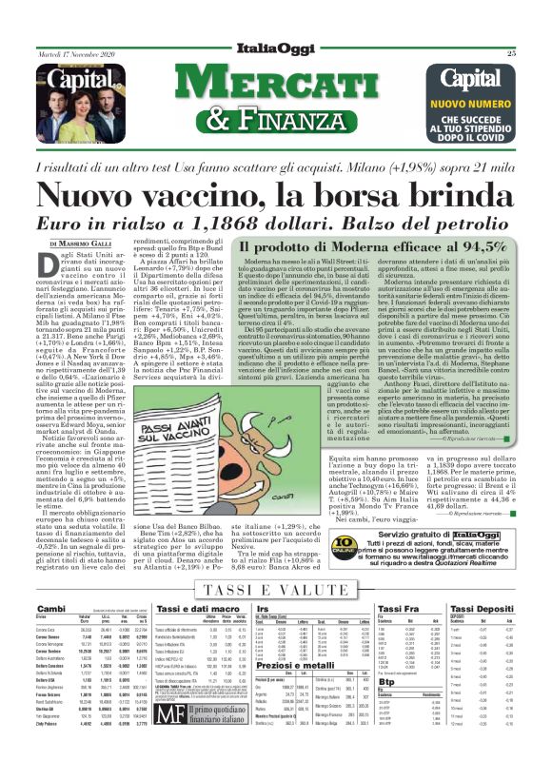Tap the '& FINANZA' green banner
click(x=276, y=118)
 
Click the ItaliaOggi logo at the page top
click(x=276, y=49)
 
